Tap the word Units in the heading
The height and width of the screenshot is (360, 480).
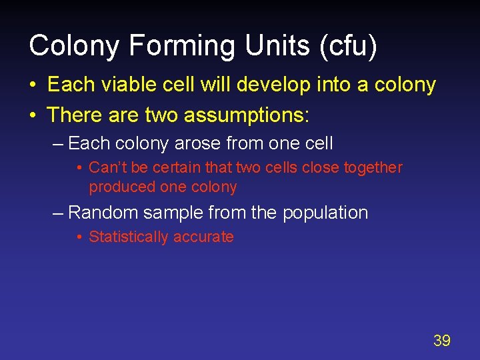tap(269, 46)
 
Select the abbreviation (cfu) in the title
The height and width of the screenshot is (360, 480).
tap(346, 46)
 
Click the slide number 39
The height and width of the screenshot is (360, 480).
tap(441, 341)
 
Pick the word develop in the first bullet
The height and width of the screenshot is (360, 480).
tap(275, 85)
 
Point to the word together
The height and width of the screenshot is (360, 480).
tap(373, 167)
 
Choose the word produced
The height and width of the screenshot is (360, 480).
tap(118, 187)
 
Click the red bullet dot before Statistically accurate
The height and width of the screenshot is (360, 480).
tap(79, 237)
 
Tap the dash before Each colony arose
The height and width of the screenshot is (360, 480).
tap(58, 143)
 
